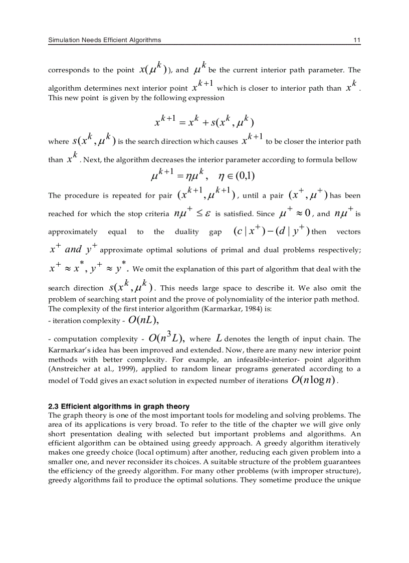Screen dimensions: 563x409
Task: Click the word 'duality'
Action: click(x=186, y=232)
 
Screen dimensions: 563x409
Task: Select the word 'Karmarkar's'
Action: click(x=67, y=349)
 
